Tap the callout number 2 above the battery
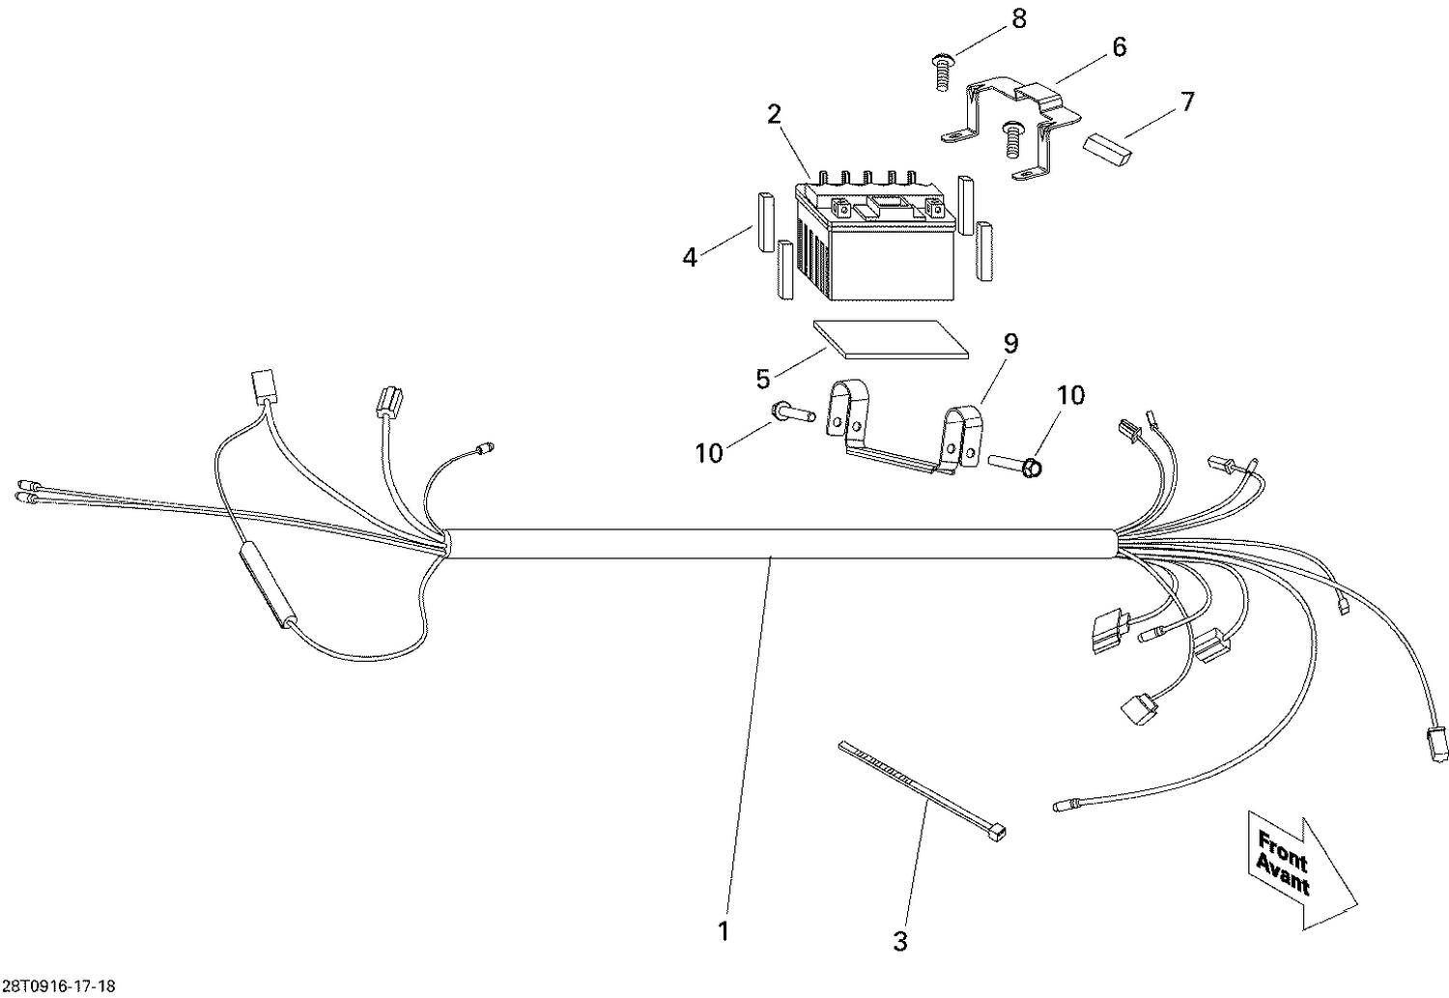(774, 114)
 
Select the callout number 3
(899, 941)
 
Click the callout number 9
(1010, 343)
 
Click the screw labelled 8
(940, 72)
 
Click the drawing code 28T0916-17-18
(58, 986)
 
